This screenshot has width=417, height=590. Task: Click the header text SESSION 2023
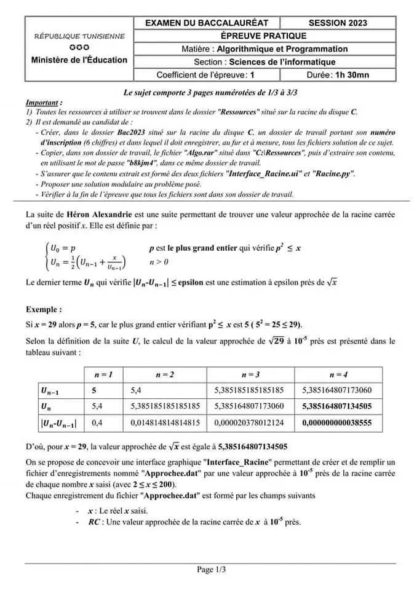point(338,23)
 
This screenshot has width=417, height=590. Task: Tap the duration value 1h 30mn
point(352,75)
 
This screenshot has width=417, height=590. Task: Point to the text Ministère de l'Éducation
point(79,60)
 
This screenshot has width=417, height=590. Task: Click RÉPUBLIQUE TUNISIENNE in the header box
point(79,36)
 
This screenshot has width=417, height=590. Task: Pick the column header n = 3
point(250,374)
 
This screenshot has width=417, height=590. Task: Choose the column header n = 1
point(103,374)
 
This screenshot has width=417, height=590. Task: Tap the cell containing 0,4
point(98,423)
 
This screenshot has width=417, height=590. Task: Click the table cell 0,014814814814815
point(165,423)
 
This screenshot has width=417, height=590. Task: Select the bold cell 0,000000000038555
point(337,423)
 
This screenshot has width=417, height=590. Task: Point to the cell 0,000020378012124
point(249,423)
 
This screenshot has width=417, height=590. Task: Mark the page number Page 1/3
point(211,570)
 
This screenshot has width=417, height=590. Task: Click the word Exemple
point(44,310)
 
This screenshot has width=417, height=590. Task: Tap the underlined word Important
point(44,103)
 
